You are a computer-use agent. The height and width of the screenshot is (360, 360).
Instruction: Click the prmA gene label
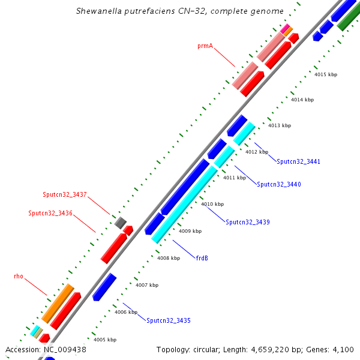click(205, 46)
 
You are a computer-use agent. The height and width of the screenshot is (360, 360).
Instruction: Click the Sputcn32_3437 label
click(65, 195)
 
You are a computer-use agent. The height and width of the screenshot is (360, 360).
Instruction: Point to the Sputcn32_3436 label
click(50, 214)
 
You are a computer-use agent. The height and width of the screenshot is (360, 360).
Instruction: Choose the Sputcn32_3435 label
click(169, 321)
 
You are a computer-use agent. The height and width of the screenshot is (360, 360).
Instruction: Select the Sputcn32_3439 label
click(248, 223)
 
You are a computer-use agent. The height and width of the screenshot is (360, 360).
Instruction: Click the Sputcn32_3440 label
click(279, 185)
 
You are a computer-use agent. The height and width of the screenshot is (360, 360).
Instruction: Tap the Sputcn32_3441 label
click(298, 161)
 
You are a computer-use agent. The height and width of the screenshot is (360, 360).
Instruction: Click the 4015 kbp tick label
click(326, 74)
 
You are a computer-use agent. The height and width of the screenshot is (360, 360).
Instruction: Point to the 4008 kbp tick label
click(169, 258)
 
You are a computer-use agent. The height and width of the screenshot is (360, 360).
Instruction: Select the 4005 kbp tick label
click(104, 340)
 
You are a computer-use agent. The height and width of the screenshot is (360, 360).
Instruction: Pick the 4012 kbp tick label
click(257, 152)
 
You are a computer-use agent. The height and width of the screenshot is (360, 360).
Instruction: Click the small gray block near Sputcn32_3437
click(120, 223)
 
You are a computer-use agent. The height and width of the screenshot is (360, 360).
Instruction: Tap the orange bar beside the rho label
click(58, 303)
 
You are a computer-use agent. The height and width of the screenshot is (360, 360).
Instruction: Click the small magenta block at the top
click(284, 28)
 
